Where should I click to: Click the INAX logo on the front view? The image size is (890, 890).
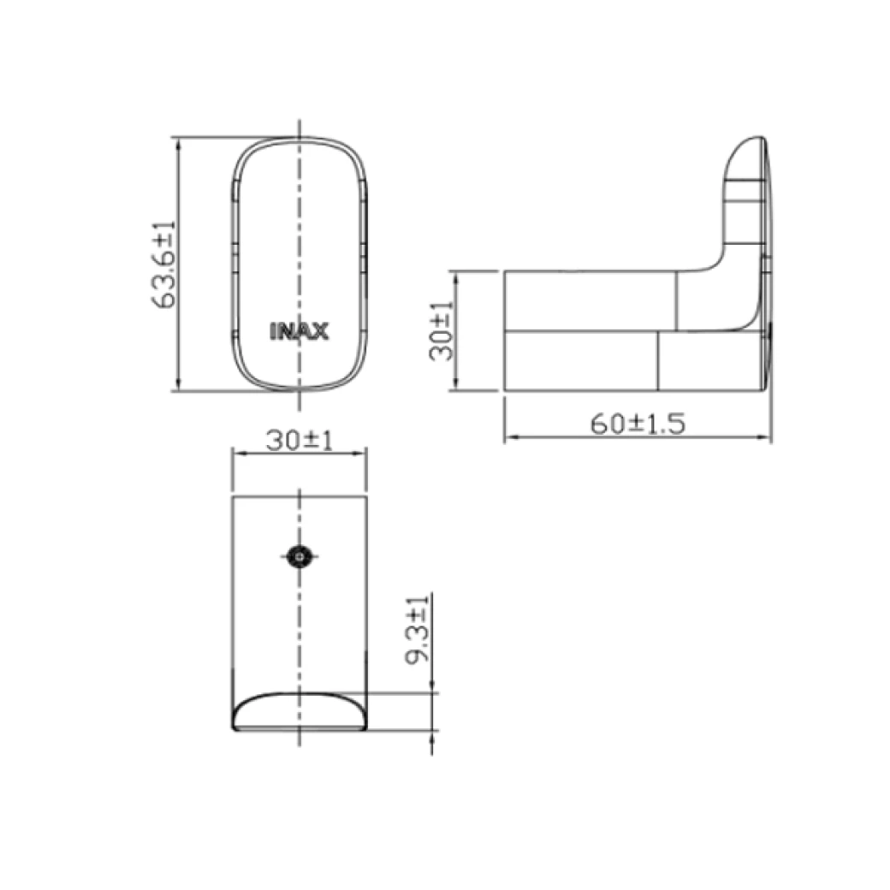click(299, 331)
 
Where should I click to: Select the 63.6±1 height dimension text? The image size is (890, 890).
click(163, 263)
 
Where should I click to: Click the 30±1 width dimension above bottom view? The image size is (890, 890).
click(298, 441)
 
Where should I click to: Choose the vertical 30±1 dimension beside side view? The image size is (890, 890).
click(442, 331)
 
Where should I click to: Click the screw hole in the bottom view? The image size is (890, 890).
click(299, 556)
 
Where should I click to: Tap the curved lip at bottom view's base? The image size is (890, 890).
click(299, 712)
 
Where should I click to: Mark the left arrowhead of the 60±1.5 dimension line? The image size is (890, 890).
click(508, 437)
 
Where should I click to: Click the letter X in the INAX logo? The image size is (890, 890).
click(319, 331)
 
